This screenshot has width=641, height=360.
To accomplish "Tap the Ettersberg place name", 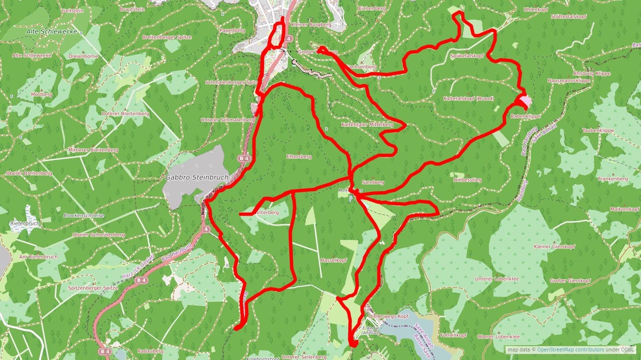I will tap(298, 156).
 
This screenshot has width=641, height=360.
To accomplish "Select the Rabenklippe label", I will tap(525, 116).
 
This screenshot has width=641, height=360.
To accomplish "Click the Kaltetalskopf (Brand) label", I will tap(468, 98).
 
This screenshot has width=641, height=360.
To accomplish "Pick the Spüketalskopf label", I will tap(467, 56).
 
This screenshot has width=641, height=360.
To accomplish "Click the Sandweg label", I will tap(373, 183).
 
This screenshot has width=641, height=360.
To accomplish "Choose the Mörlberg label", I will tap(41, 94).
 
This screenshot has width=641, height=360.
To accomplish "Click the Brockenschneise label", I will tap(84, 215).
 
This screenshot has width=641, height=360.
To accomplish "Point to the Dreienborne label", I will tap(83, 56).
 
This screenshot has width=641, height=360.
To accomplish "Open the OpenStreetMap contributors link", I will tap(570, 349).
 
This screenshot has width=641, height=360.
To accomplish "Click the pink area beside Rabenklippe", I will tap(523, 101).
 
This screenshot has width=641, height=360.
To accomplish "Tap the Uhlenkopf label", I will tap(522, 9).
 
